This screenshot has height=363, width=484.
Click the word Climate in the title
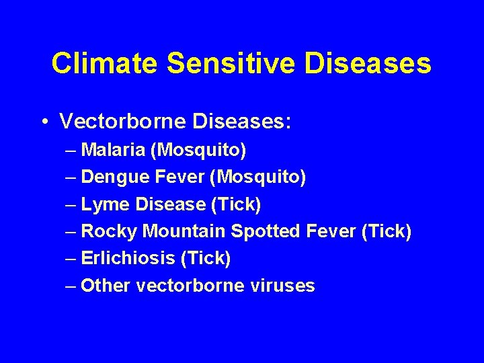point(104,63)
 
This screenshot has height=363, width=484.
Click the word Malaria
point(112,149)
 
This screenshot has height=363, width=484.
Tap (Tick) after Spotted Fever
point(386,231)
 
